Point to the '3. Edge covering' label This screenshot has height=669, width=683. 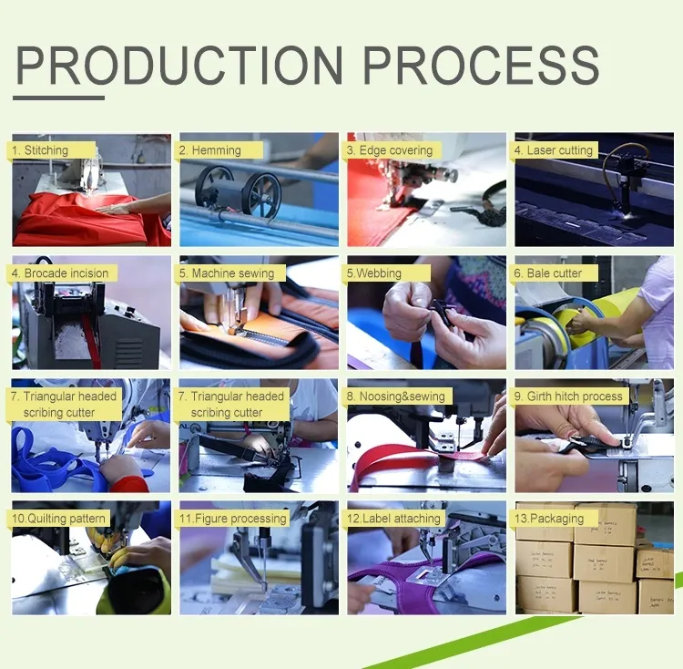click(x=390, y=150)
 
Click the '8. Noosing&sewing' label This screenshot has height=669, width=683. click(x=397, y=396)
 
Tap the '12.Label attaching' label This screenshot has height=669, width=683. click(x=394, y=519)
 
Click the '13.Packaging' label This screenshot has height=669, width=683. click(x=550, y=519)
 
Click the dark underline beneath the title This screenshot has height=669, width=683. click(x=60, y=98)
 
